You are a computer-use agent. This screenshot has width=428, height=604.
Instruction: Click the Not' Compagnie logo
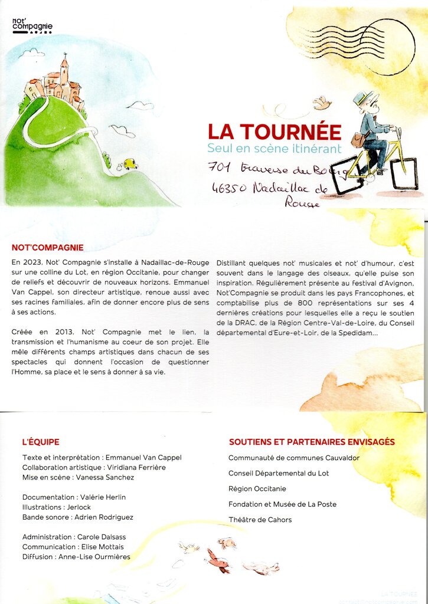coord(32,25)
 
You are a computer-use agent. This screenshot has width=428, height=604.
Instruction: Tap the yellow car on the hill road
coord(130,163)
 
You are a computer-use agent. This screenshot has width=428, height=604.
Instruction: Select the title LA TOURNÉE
coord(275,132)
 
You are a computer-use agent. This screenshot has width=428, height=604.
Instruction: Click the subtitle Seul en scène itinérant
coord(274,149)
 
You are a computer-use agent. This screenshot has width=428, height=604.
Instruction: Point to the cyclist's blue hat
coord(362,96)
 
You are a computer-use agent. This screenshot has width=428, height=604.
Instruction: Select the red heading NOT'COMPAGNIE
coord(48,248)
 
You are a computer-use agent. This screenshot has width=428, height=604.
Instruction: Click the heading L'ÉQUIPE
coord(41,442)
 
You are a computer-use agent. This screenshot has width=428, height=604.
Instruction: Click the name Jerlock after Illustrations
coord(79,507)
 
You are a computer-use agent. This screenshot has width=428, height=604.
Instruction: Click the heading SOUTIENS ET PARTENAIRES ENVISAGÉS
coord(312,442)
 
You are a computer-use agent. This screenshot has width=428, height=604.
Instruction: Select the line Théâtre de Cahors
coord(260,520)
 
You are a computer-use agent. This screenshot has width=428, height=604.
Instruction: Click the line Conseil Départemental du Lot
coord(279,473)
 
